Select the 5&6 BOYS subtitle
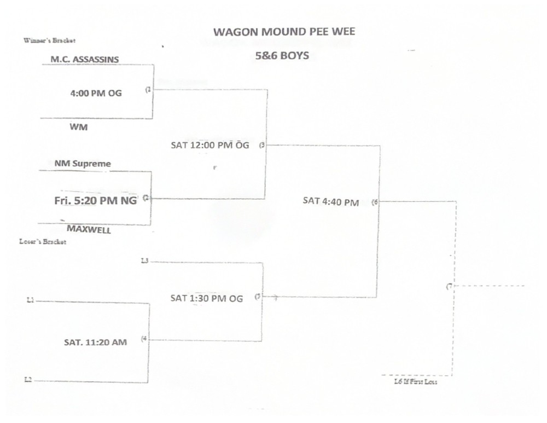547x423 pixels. pyautogui.click(x=283, y=55)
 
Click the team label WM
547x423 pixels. pyautogui.click(x=79, y=127)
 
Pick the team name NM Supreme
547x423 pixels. pyautogui.click(x=83, y=163)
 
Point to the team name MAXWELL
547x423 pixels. pyautogui.click(x=89, y=230)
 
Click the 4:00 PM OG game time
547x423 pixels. pyautogui.click(x=96, y=93)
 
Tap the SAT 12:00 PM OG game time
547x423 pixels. pyautogui.click(x=210, y=145)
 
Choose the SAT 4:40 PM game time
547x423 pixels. pyautogui.click(x=331, y=202)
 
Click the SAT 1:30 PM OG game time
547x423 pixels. pyautogui.click(x=206, y=298)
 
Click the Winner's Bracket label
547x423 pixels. pyautogui.click(x=49, y=40)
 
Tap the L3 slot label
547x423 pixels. pyautogui.click(x=144, y=261)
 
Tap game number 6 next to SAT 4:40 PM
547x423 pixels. pyautogui.click(x=375, y=202)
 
